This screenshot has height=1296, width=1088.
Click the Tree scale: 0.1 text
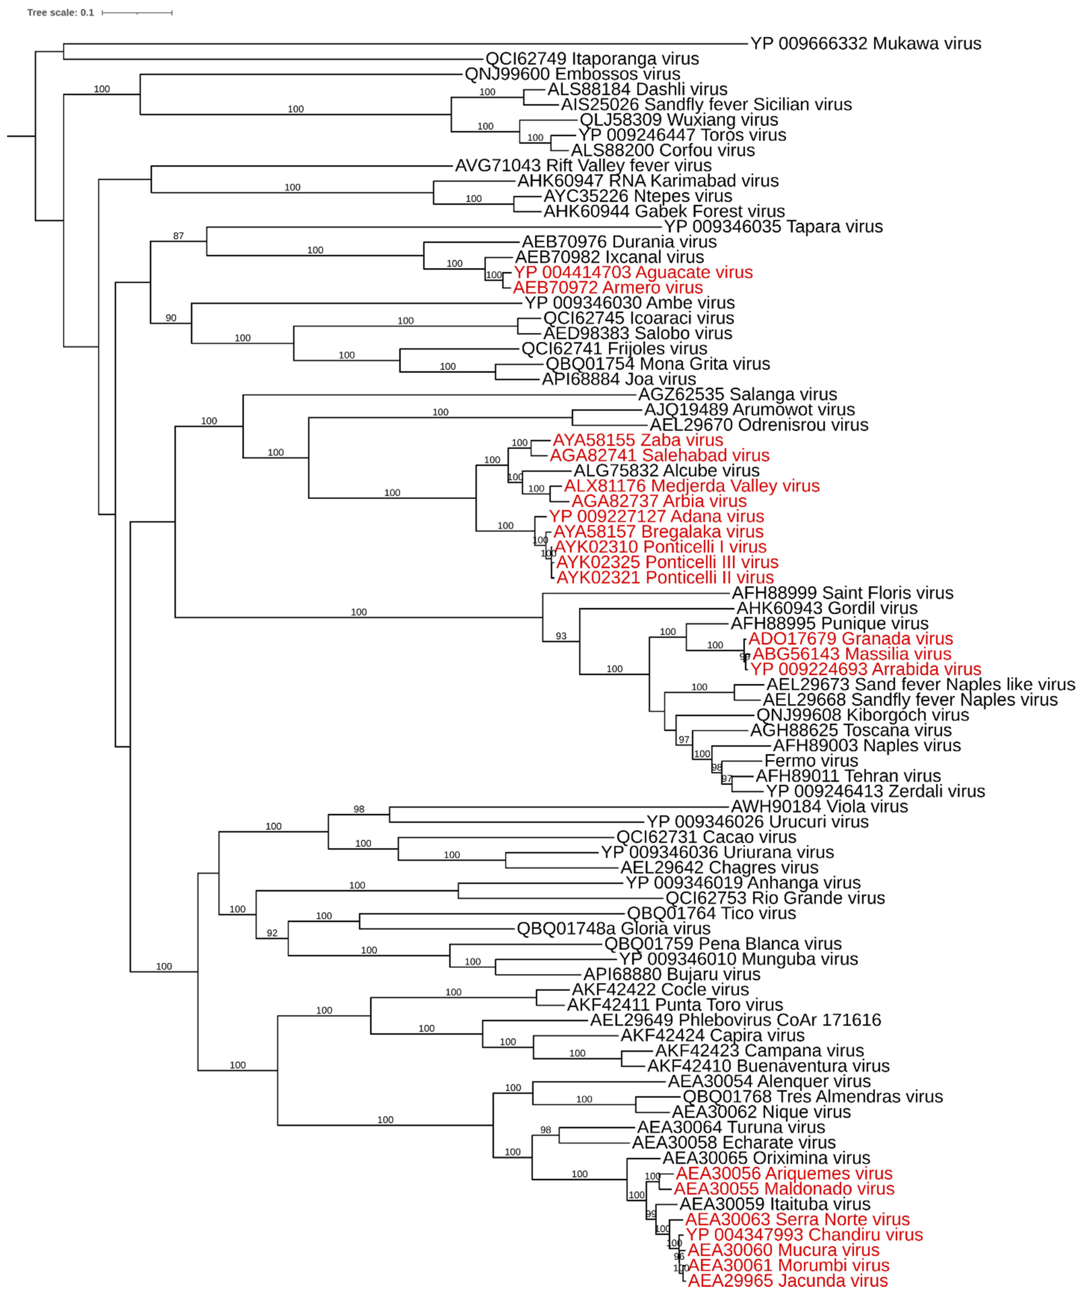tap(61, 12)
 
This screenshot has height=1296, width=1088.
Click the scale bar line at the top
tap(137, 12)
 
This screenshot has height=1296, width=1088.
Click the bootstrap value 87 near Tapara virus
tap(178, 236)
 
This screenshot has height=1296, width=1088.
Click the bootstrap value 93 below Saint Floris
tap(561, 636)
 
